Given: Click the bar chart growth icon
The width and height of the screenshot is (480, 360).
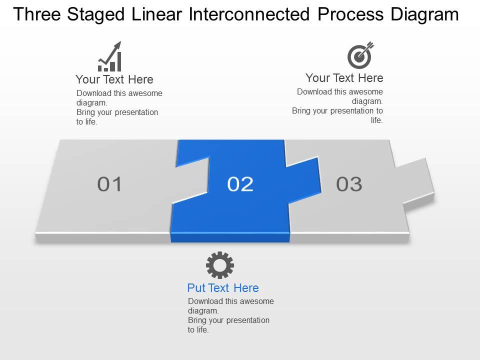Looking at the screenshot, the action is tap(109, 57).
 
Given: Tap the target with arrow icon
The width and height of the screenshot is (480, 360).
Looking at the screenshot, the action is tap(360, 55).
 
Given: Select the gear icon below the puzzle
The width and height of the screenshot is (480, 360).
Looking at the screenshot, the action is tap(220, 265).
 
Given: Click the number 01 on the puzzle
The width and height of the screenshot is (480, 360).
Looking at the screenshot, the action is tap(109, 184).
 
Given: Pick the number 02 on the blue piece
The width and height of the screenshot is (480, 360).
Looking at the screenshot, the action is tap(240, 184).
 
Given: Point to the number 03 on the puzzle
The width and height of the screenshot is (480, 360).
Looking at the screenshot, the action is tap(349, 184).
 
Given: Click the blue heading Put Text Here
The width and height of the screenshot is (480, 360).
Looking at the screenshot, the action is tap(223, 288).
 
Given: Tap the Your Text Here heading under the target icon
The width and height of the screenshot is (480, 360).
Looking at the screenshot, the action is tap(344, 78).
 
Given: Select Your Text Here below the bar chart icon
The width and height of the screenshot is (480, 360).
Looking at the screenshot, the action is tap(114, 79).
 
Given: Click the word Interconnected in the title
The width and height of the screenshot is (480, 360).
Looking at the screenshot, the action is tap(250, 15).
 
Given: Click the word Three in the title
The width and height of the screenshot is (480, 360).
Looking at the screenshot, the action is tap(38, 15).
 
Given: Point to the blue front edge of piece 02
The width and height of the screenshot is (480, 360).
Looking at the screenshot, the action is tap(230, 237).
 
